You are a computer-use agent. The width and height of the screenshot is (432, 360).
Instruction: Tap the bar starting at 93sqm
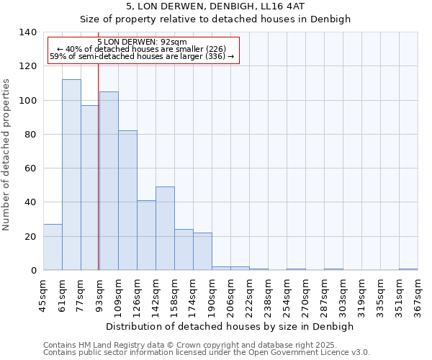(109, 181)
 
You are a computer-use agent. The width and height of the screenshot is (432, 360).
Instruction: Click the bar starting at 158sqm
(184, 250)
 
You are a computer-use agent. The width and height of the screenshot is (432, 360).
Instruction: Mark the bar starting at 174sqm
(202, 251)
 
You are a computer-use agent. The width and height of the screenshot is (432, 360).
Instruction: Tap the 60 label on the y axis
(30, 168)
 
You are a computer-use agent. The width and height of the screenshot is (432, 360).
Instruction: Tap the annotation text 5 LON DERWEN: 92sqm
(142, 42)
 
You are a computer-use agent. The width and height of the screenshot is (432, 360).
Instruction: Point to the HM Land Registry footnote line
(205, 345)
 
